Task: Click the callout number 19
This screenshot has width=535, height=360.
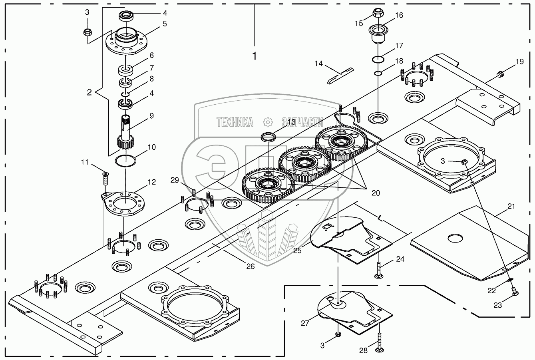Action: tap(519, 62)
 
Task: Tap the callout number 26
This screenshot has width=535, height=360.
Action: tap(250, 267)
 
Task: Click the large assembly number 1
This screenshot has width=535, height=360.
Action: tap(254, 56)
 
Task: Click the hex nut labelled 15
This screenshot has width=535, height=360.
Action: tap(378, 13)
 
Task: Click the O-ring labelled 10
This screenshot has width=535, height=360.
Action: tap(125, 161)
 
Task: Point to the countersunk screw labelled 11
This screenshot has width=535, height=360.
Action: tap(105, 178)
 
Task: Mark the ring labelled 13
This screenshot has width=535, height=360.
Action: tap(268, 137)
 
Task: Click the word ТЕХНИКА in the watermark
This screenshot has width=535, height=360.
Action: tap(235, 122)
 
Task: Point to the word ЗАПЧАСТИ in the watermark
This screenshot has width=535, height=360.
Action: tap(302, 122)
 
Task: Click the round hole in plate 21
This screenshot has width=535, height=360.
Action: tap(455, 239)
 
